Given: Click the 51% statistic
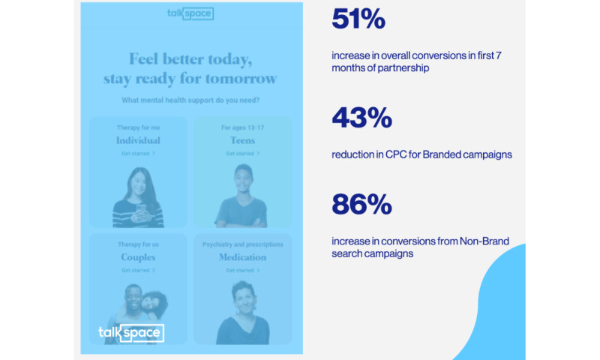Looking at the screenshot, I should pyautogui.click(x=358, y=21).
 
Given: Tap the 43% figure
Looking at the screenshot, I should pyautogui.click(x=361, y=118).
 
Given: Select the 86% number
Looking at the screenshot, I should pyautogui.click(x=362, y=204).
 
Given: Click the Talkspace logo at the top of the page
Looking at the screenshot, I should pyautogui.click(x=190, y=13).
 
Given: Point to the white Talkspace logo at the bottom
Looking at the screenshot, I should pyautogui.click(x=131, y=333).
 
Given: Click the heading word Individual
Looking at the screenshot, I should pyautogui.click(x=138, y=140).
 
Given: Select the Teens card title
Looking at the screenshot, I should pyautogui.click(x=242, y=140).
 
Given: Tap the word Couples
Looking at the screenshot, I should pyautogui.click(x=138, y=257).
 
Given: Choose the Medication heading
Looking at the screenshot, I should pyautogui.click(x=242, y=257).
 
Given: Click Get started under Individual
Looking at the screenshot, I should pyautogui.click(x=138, y=153).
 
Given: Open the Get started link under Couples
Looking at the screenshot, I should pyautogui.click(x=138, y=270).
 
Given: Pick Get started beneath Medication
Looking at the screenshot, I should pyautogui.click(x=242, y=270).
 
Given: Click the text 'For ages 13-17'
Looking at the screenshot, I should pyautogui.click(x=242, y=127).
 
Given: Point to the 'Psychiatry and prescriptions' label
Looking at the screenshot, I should pyautogui.click(x=242, y=244).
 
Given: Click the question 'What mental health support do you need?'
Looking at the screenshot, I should pyautogui.click(x=190, y=100).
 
